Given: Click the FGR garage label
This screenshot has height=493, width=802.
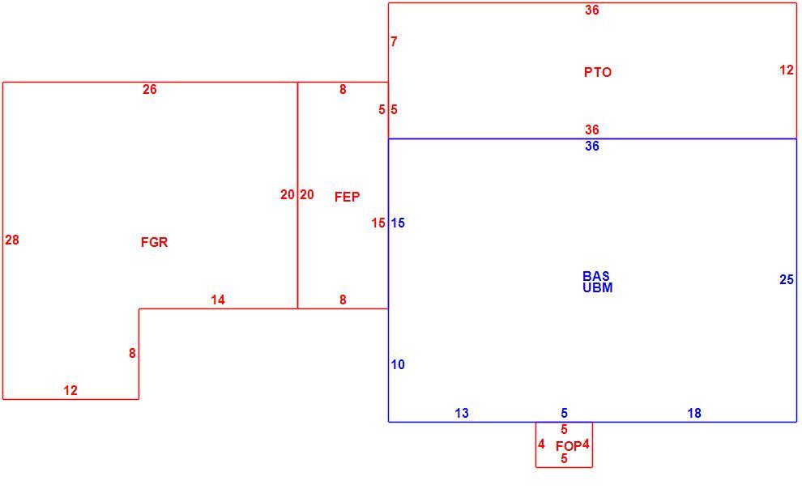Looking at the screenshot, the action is [154, 242].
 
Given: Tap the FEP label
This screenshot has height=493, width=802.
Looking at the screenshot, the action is [348, 197].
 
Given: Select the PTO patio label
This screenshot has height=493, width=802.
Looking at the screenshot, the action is [598, 72].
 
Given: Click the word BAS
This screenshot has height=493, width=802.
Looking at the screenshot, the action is [596, 276].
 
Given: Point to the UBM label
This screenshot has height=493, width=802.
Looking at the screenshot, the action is [597, 287].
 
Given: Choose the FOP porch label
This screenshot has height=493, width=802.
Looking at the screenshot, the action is [568, 446].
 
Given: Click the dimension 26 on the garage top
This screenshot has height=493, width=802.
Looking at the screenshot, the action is [149, 89].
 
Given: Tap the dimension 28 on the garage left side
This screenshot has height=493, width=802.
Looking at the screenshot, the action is [12, 240].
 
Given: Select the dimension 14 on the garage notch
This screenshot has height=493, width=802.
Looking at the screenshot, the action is [218, 300].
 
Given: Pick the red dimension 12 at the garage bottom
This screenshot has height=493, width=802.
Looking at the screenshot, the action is [70, 390].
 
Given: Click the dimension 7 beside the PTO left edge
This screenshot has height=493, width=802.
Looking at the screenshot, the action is [394, 42].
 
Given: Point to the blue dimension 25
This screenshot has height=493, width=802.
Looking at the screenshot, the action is [787, 279].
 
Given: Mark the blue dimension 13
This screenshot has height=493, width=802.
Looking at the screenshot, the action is [462, 413].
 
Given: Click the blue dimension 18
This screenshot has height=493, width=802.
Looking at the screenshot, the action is [694, 413].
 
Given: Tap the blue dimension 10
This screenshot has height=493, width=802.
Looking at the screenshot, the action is [398, 364].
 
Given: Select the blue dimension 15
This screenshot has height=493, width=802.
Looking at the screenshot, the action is [398, 223].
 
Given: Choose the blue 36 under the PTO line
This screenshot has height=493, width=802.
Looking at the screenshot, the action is [592, 146].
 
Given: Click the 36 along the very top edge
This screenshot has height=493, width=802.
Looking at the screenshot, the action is [592, 11].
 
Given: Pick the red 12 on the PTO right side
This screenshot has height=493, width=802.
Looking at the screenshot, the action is [787, 70].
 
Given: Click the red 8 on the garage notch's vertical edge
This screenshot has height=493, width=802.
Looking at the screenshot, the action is [133, 353].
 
